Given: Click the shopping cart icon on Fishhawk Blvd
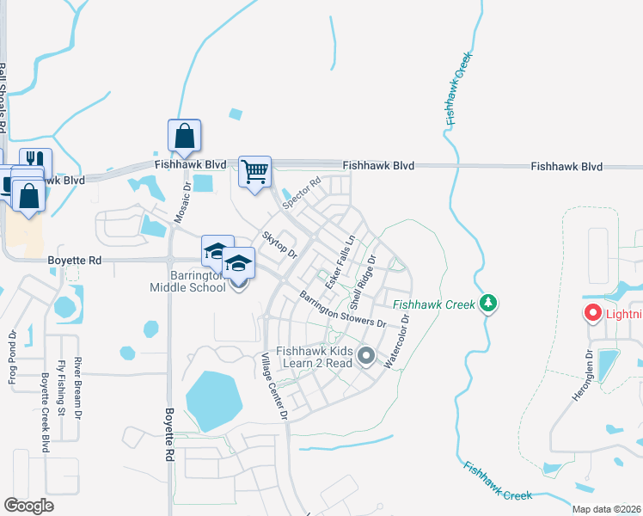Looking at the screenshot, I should click(x=254, y=172).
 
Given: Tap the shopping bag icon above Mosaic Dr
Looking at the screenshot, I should click(x=184, y=136).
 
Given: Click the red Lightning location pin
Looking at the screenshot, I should click(x=592, y=314).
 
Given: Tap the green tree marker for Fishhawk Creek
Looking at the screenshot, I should click(x=488, y=304).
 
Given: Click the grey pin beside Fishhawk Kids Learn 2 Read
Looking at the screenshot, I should click(x=367, y=355).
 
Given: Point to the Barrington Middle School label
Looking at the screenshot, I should click(x=187, y=281).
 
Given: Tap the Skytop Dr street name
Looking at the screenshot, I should click(x=279, y=244).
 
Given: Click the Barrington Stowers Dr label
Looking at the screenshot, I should click(x=342, y=310).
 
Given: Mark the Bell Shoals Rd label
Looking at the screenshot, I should click(x=3, y=95).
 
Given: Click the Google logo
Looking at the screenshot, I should click(x=28, y=506).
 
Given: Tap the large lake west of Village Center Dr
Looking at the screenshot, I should click(x=213, y=400).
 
